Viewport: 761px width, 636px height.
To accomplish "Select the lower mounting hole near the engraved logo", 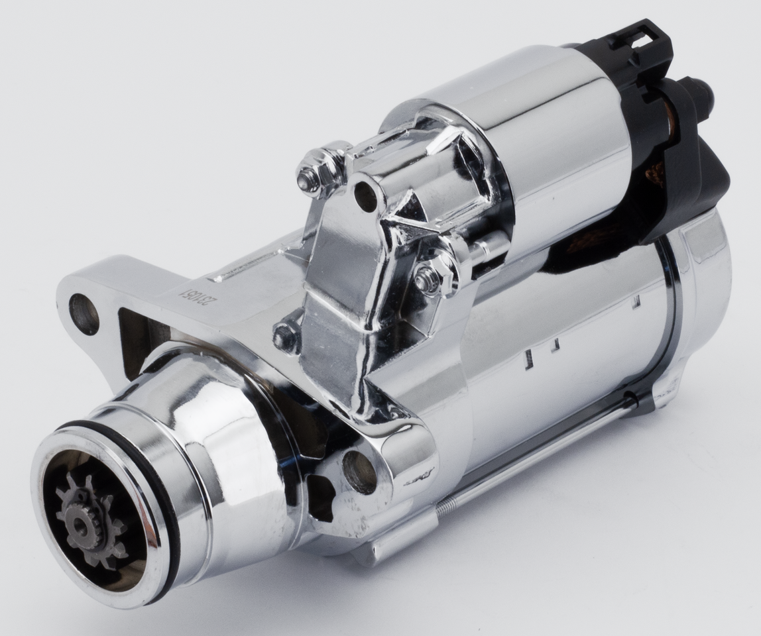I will pos(359,472).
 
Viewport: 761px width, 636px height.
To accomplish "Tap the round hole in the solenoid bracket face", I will pos(365,196).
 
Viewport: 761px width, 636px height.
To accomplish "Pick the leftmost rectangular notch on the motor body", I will pos(528,358).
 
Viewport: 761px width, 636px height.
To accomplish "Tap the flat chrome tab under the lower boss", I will pos(398,540).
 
